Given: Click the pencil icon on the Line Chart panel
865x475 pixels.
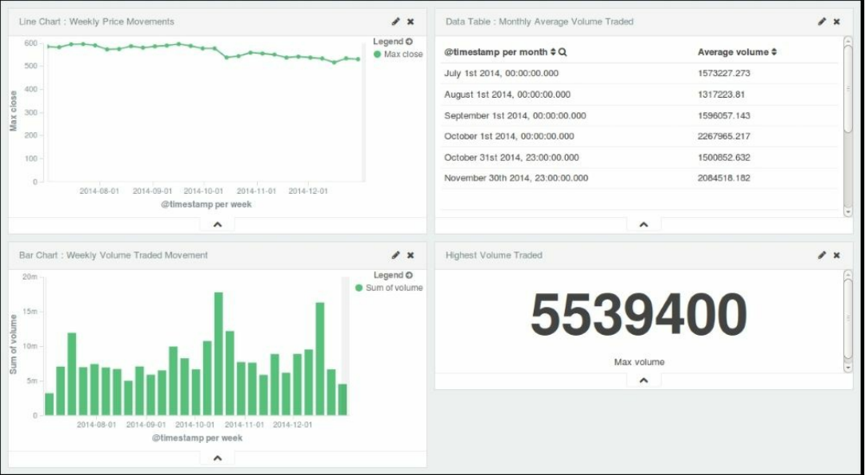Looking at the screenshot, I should pos(395,22).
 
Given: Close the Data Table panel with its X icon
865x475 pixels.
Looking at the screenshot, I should pos(836,22).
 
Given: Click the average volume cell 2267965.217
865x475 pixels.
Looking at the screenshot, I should pos(723,136).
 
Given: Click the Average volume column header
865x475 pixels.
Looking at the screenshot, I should pos(733,52).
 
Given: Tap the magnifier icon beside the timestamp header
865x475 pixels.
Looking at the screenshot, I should pos(563,52).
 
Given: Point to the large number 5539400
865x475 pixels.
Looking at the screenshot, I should pos(639,316).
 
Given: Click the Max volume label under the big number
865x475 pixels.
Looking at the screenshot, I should pos(639,362).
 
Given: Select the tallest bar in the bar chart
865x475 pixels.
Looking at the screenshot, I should pos(218,353).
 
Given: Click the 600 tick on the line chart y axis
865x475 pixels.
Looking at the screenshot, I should pos(30,43).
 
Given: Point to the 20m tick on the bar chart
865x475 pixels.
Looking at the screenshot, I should pos(30,277).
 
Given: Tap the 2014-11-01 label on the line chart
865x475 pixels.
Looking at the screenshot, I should pos(255,191).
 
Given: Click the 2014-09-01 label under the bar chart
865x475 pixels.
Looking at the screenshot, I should pos(146,425).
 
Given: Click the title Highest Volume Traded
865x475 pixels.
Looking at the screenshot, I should pos(494,256).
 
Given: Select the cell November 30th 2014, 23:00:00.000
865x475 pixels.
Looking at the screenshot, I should pos(516,178).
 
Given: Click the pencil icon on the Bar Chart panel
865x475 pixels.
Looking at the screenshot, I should pos(395,256).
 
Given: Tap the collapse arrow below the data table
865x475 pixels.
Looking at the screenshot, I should pos(643,225).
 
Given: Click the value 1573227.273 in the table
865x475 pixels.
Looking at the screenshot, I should pos(723,73).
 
